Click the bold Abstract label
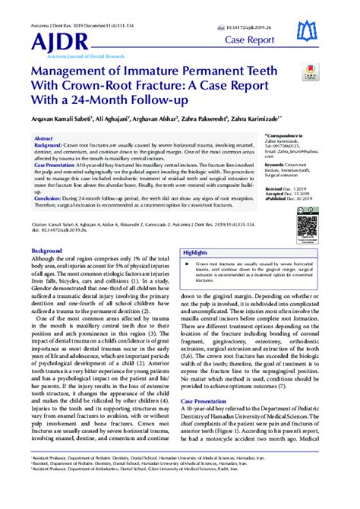(x=44, y=139)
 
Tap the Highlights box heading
(x=195, y=252)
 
